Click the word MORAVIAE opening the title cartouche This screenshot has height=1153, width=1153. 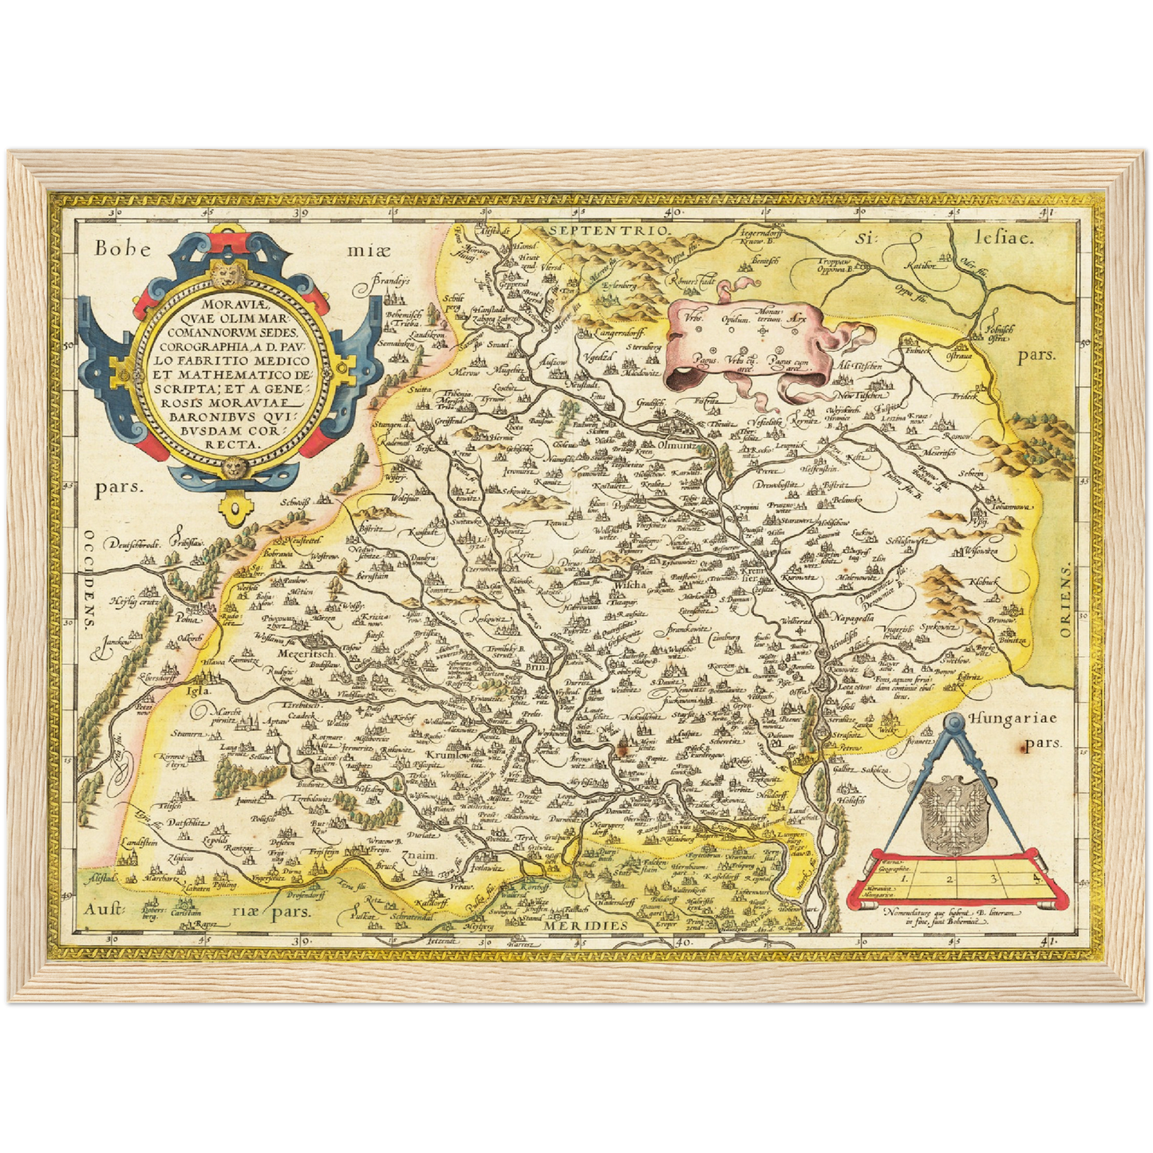coord(231,304)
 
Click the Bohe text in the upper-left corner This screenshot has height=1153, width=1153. coord(121,247)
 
